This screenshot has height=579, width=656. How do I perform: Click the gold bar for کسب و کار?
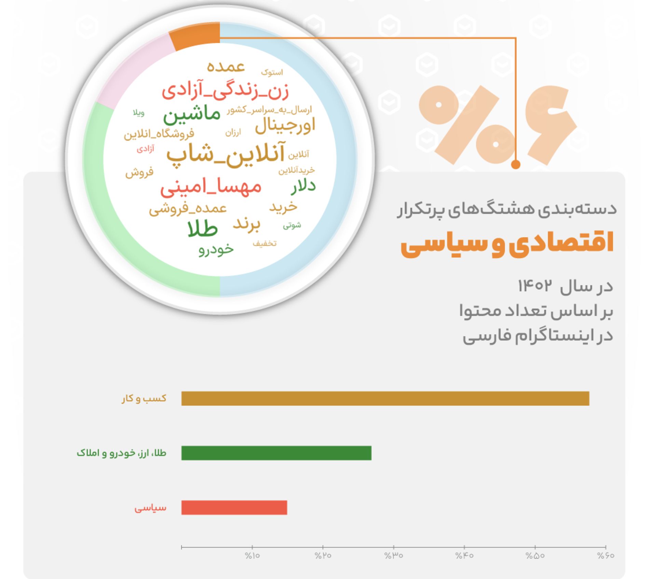[x=385, y=398]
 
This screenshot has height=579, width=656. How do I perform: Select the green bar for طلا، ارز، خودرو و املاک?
[x=276, y=453]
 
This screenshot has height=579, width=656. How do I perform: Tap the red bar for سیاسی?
[x=234, y=508]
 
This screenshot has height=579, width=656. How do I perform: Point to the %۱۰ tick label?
[x=252, y=556]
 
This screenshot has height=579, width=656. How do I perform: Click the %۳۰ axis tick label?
[x=394, y=556]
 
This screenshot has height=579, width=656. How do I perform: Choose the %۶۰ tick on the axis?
[x=605, y=556]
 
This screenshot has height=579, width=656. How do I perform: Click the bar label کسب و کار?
[x=144, y=398]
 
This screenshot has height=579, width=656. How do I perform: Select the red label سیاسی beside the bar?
[x=150, y=508]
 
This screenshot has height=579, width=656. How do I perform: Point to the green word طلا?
[x=203, y=229]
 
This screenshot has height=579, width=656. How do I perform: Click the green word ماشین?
[x=192, y=116]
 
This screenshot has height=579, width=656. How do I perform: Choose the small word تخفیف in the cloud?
[x=264, y=244]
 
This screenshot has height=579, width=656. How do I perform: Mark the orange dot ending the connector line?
[x=516, y=165]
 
